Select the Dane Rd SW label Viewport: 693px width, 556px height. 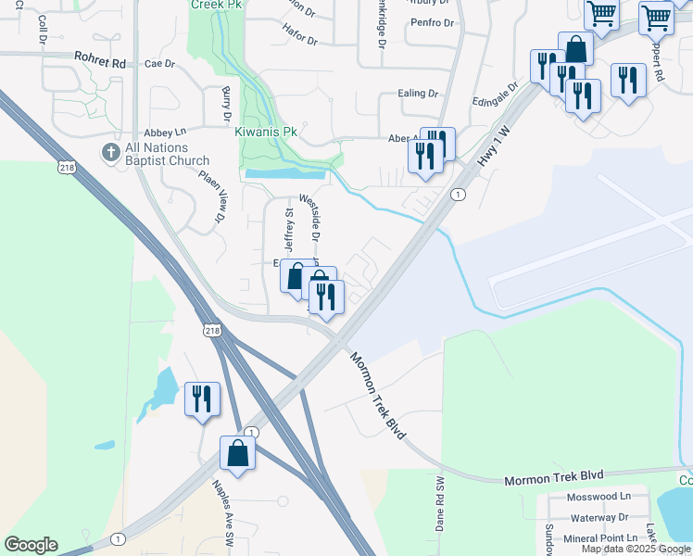pyautogui.click(x=440, y=503)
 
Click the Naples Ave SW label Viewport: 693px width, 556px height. pyautogui.click(x=224, y=512)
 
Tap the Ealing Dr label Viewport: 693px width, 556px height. pyautogui.click(x=418, y=94)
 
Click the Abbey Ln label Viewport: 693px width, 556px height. pyautogui.click(x=165, y=133)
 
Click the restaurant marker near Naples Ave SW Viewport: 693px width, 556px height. pyautogui.click(x=202, y=398)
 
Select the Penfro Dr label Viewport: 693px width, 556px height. pyautogui.click(x=433, y=22)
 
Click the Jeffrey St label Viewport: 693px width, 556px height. pyautogui.click(x=288, y=232)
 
